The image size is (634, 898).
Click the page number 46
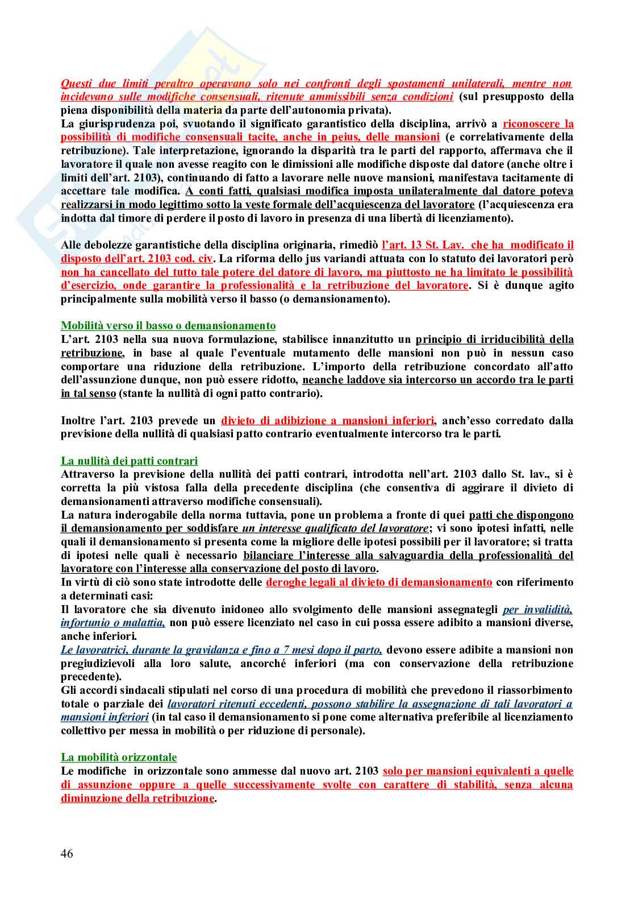pos(67,854)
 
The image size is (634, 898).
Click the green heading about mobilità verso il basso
pos(168,326)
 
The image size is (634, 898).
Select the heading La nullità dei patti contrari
pos(129,461)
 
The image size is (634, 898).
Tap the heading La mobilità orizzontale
pos(119,758)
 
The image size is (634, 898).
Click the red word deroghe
pos(287,582)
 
